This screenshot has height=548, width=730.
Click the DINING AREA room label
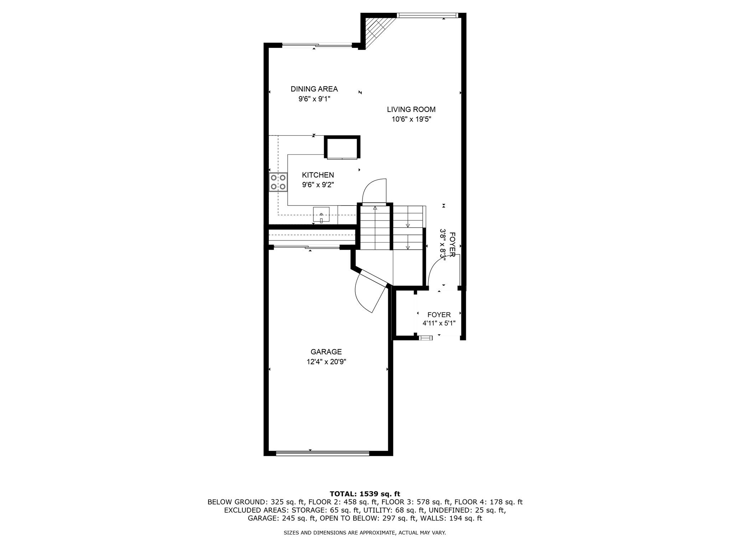(x=314, y=89)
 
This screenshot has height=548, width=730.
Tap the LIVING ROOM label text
(x=411, y=110)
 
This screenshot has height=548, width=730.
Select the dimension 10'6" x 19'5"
(x=411, y=120)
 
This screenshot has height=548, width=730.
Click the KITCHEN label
(x=318, y=175)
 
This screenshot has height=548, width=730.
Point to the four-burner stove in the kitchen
(x=278, y=182)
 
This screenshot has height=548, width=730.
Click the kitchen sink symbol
(x=321, y=214)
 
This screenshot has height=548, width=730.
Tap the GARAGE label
(x=326, y=352)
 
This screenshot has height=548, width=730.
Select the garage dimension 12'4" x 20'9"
(x=326, y=362)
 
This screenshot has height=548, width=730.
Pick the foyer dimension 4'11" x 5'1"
(x=439, y=324)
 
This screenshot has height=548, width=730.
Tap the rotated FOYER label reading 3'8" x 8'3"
(x=448, y=244)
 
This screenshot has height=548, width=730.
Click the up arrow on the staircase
(x=375, y=208)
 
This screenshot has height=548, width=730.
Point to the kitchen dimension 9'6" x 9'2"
(x=318, y=185)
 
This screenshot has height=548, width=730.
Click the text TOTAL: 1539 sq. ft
(x=365, y=494)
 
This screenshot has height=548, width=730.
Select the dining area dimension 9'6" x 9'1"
(x=314, y=99)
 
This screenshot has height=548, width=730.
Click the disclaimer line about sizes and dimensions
(x=365, y=533)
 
